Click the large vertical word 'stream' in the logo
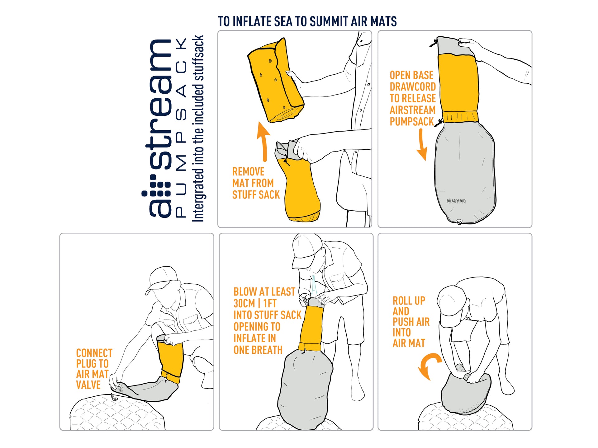[161, 104]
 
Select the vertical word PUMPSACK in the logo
[181, 128]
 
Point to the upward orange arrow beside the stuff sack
[264, 142]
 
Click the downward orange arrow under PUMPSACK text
[422, 144]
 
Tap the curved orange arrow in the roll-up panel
[429, 366]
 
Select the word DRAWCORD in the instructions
[413, 87]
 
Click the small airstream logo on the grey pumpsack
[456, 201]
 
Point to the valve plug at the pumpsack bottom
[459, 222]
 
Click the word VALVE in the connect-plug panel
[88, 385]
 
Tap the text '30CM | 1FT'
[255, 303]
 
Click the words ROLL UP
[409, 301]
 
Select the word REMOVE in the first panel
[248, 172]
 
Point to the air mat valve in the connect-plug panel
[114, 398]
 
